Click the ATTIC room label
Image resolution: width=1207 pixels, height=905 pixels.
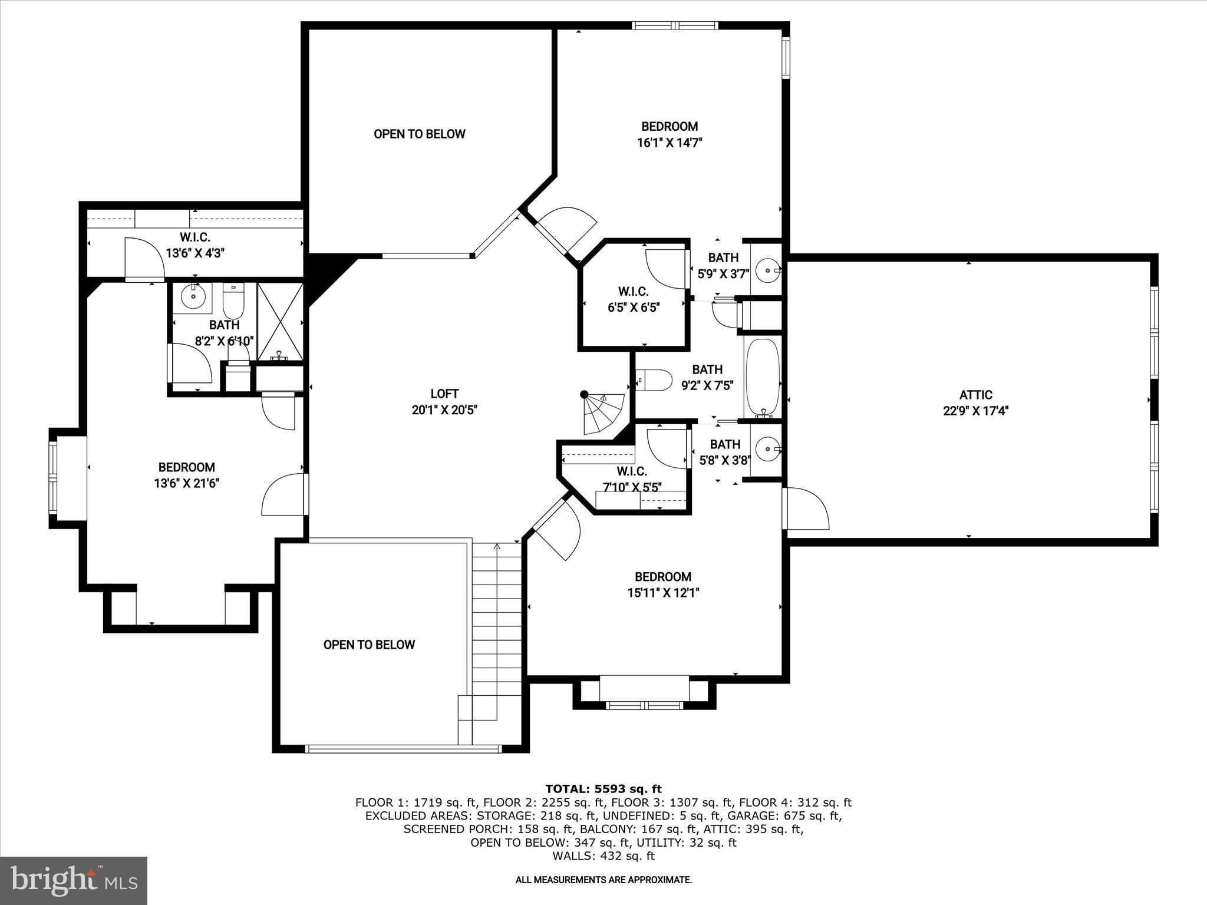click(975, 395)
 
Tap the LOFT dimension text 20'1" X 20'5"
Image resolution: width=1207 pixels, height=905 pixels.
click(444, 410)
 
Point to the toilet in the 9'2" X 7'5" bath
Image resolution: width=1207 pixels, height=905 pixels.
click(655, 381)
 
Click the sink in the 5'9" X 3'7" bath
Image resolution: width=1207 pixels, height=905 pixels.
click(769, 270)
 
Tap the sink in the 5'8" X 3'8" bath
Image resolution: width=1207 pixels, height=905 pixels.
click(769, 450)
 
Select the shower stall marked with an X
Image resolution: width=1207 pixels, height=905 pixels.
click(280, 321)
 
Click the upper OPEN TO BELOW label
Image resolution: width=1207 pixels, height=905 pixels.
click(419, 134)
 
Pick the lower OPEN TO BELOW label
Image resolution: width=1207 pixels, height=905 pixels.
click(369, 645)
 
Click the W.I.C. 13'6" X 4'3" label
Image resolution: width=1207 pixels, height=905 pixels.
click(195, 245)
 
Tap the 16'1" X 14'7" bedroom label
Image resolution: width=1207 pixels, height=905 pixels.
click(670, 134)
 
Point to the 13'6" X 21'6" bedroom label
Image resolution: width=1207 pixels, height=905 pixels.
click(186, 475)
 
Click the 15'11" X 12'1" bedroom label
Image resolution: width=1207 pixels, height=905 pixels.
click(662, 584)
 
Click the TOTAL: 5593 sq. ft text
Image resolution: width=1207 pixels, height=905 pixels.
click(603, 789)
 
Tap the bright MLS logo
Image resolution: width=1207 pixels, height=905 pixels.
click(74, 880)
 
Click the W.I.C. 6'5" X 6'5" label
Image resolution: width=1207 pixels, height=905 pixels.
click(634, 299)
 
